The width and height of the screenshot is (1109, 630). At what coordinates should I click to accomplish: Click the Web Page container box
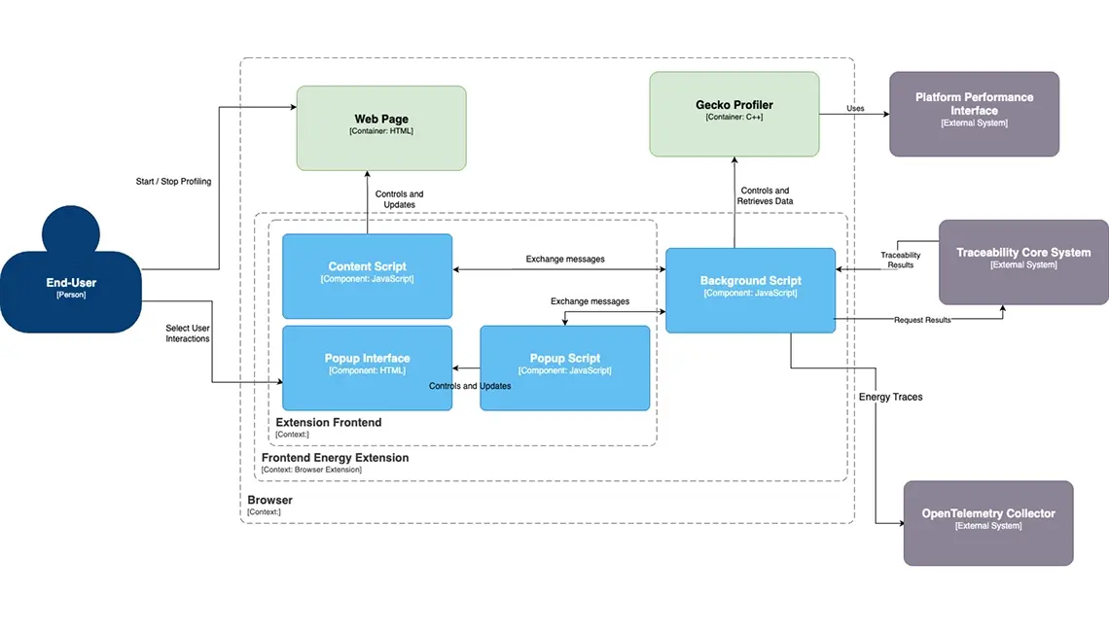pos(381,128)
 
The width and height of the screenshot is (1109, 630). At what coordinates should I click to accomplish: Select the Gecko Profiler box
pos(734,114)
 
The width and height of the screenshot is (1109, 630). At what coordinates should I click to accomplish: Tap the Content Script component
pos(367,276)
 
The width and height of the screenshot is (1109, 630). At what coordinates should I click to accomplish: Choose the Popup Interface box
pos(367,367)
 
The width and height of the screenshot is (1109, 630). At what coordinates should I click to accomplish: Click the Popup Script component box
pos(564,367)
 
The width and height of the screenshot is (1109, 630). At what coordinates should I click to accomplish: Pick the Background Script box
pos(750,290)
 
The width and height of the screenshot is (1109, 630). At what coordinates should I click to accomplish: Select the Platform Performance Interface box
pos(974,114)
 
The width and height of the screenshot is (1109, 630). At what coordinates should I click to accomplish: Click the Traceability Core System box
pos(1023,262)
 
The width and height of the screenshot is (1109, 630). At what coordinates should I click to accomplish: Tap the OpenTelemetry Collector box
pos(988,523)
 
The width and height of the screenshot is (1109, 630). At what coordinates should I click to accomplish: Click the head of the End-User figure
pos(71,231)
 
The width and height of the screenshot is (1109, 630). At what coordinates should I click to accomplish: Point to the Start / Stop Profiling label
pos(173,182)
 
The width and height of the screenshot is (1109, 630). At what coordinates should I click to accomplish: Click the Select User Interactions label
pos(188,333)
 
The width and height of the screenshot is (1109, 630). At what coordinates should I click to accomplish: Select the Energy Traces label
pos(890,397)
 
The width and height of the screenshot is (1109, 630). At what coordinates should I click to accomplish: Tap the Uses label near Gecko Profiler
pos(855,108)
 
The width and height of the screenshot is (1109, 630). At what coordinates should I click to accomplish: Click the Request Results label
pos(922,320)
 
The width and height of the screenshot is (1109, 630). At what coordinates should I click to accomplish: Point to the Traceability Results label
pos(901,260)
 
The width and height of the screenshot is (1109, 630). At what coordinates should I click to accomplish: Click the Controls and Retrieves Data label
pos(765,195)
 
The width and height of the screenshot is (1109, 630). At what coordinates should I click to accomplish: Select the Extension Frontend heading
pos(328,422)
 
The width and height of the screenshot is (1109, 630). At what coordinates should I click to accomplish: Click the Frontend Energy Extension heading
pos(335,458)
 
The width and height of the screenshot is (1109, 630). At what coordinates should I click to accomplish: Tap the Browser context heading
pos(269,500)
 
